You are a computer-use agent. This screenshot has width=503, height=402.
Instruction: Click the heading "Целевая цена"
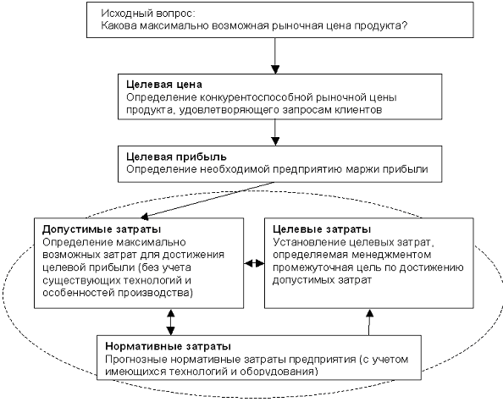click(164, 85)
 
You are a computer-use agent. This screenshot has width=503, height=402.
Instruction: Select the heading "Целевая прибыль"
click(176, 157)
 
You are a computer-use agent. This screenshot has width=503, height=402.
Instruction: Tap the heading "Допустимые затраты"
click(102, 229)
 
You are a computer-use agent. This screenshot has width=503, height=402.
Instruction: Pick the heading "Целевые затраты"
click(322, 229)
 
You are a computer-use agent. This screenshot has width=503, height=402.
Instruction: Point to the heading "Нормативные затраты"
click(169, 346)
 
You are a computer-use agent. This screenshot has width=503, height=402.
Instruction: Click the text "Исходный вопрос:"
click(148, 14)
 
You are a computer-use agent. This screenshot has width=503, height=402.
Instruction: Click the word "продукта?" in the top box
click(381, 25)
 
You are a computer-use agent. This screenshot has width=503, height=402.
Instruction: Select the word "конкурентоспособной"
click(257, 96)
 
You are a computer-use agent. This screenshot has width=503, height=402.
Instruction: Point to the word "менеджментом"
click(391, 255)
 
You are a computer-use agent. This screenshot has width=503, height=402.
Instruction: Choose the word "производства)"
click(156, 293)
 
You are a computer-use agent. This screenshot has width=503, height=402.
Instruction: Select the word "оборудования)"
click(279, 372)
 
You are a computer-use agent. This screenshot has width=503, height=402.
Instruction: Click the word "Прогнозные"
click(136, 359)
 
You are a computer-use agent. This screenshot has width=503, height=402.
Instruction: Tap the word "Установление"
click(310, 242)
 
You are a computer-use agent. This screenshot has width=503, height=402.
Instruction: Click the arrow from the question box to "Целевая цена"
click(275, 56)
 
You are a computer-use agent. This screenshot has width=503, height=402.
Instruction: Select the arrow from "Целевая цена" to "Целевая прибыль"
click(275, 133)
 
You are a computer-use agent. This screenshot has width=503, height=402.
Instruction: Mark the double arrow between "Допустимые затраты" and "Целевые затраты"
click(254, 263)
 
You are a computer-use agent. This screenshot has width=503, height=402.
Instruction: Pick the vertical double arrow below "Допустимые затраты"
click(170, 322)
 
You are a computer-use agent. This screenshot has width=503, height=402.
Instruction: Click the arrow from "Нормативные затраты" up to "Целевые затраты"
click(369, 322)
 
